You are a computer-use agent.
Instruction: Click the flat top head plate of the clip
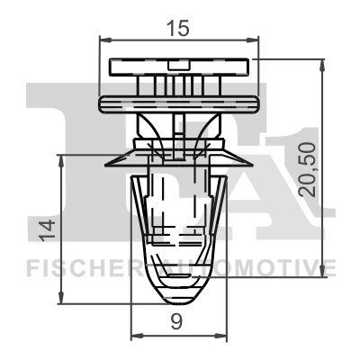177,67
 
